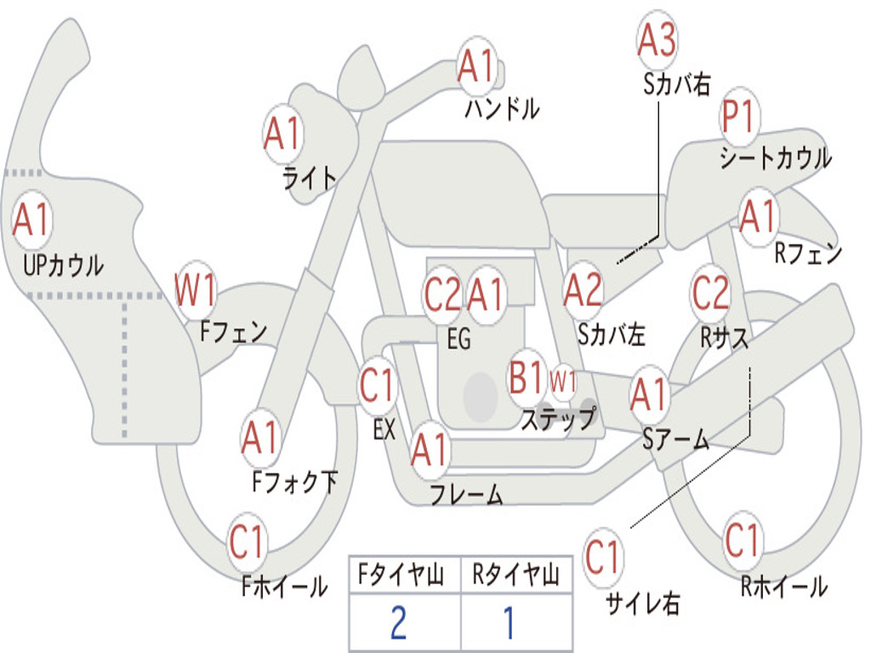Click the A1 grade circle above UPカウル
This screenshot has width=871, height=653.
[32, 220]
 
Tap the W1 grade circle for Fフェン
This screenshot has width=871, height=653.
[196, 290]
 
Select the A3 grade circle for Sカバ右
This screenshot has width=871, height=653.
[658, 40]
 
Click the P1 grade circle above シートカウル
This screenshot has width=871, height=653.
[740, 119]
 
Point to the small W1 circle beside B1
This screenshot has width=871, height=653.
[563, 381]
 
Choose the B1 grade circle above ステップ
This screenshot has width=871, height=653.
[526, 377]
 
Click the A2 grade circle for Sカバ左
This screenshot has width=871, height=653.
[584, 290]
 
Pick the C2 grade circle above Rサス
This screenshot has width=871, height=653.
[710, 292]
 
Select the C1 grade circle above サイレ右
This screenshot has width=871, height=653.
[604, 559]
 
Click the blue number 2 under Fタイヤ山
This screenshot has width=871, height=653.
[398, 622]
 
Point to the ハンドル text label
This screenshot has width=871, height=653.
[503, 108]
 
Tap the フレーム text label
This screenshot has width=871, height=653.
[466, 494]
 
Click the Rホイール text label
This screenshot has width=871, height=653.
[783, 586]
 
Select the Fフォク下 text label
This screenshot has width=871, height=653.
[294, 483]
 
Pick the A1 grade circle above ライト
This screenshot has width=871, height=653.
[283, 134]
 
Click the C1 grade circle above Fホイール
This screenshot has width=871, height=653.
[248, 542]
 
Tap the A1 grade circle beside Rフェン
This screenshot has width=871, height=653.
[757, 217]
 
